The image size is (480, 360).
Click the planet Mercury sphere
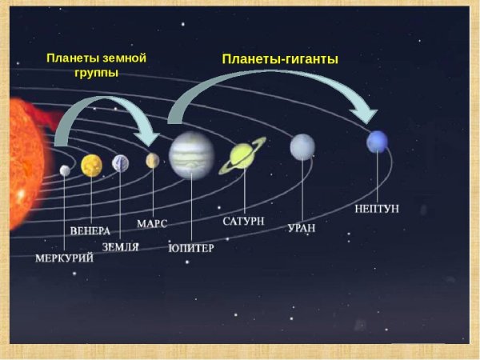point(65,170)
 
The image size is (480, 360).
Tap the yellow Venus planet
point(92,165)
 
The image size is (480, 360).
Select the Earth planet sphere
point(121,163)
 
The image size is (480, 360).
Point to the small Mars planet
point(153,161)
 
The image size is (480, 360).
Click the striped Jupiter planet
point(192,154)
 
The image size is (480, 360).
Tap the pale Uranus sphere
point(302,146)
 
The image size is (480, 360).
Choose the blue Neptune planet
point(377,142)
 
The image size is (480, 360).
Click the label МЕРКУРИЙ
point(65,258)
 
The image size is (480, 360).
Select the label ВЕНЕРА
point(90,231)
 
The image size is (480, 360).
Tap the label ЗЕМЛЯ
point(121,247)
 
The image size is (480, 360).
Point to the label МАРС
point(152,223)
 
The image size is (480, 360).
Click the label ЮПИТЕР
point(191,248)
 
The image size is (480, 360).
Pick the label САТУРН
point(244,220)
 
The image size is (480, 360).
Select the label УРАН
point(302,228)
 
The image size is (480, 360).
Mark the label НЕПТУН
point(376,210)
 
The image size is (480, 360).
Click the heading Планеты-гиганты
point(280,59)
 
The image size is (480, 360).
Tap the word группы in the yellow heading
point(96,73)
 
